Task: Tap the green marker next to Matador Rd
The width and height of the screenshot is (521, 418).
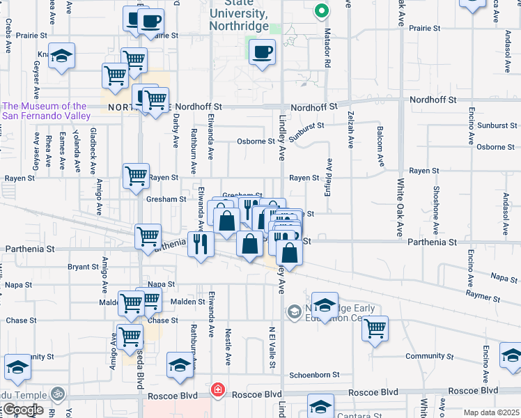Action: point(320,11)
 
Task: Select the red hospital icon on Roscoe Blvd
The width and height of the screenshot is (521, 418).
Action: point(218,389)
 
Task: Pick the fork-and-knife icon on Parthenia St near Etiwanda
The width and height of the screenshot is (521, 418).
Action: point(200,244)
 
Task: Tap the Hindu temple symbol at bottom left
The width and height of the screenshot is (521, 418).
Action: point(59,394)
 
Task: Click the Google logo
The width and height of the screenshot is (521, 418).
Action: point(22,410)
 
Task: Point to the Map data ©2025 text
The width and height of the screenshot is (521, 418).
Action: point(491,412)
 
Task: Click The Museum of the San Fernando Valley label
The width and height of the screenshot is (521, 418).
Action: point(45,111)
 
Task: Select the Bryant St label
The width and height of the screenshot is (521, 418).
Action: point(83,267)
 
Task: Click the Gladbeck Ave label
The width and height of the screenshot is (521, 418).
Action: point(92,150)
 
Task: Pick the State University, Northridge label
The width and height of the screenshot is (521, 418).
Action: point(239,20)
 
